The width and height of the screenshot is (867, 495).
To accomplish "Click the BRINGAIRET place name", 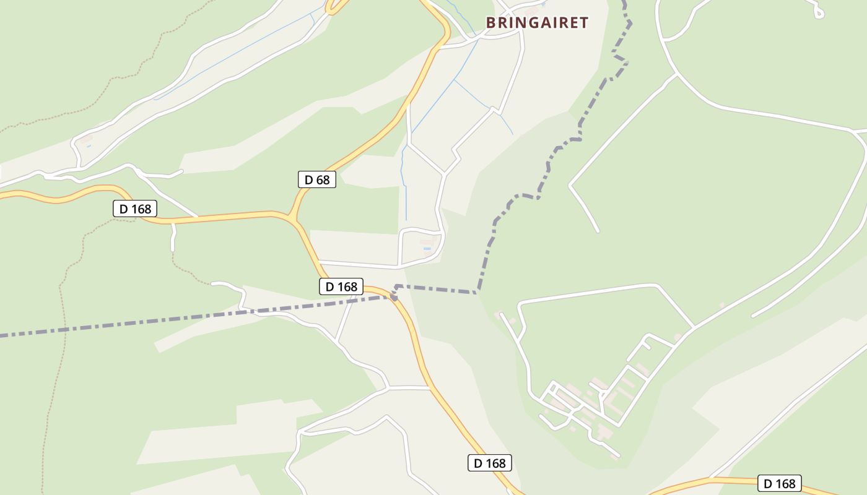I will [x=537, y=23].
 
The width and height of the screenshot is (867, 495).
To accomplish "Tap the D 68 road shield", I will [x=316, y=180].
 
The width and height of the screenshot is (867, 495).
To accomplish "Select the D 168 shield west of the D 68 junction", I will [x=135, y=209].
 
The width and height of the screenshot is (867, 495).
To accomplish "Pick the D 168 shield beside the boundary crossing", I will [x=341, y=286].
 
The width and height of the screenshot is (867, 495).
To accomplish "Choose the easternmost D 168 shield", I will [x=780, y=483].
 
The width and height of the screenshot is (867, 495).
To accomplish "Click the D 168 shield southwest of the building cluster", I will [x=489, y=463].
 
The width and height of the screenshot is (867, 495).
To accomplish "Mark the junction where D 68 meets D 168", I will [x=290, y=217].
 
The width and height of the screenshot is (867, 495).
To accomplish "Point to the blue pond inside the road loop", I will [x=427, y=249].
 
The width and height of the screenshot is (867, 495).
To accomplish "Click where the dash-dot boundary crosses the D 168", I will [x=393, y=296].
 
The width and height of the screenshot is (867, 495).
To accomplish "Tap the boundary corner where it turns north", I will [x=478, y=291].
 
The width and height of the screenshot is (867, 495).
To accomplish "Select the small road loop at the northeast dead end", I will [x=818, y=12].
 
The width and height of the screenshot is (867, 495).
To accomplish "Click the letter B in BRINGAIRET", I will [x=490, y=23].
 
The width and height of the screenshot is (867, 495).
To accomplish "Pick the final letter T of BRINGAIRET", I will [x=583, y=23].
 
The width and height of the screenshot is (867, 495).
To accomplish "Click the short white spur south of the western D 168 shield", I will [x=173, y=237].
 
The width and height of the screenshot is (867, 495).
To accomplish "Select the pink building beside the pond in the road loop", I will [x=427, y=242].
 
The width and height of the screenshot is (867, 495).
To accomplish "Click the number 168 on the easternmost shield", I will [x=785, y=483].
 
